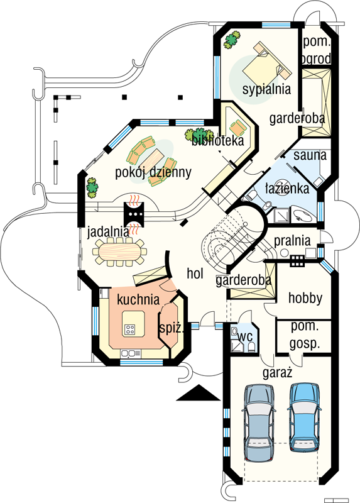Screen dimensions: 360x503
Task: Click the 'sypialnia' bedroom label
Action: (x=266, y=89)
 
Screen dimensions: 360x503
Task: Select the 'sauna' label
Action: (x=310, y=155)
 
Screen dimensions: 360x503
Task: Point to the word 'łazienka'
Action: (x=287, y=188)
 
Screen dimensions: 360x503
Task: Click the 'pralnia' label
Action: (x=292, y=241)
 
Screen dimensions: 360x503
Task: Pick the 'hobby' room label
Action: (x=305, y=298)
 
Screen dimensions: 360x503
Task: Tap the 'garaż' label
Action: (x=277, y=373)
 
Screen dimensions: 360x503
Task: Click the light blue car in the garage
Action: (x=304, y=417)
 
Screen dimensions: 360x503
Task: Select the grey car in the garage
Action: (x=259, y=423)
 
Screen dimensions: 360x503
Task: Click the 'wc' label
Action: (x=245, y=336)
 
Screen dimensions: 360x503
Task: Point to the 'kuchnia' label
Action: (x=138, y=299)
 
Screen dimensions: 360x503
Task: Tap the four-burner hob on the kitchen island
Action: (x=129, y=329)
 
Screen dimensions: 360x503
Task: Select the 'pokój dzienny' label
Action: (x=153, y=172)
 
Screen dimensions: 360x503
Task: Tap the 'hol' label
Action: (x=195, y=274)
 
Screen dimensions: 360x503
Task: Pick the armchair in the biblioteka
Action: (x=239, y=128)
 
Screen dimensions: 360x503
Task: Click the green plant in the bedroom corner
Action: (x=232, y=40)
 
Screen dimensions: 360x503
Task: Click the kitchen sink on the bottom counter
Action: (x=131, y=353)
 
